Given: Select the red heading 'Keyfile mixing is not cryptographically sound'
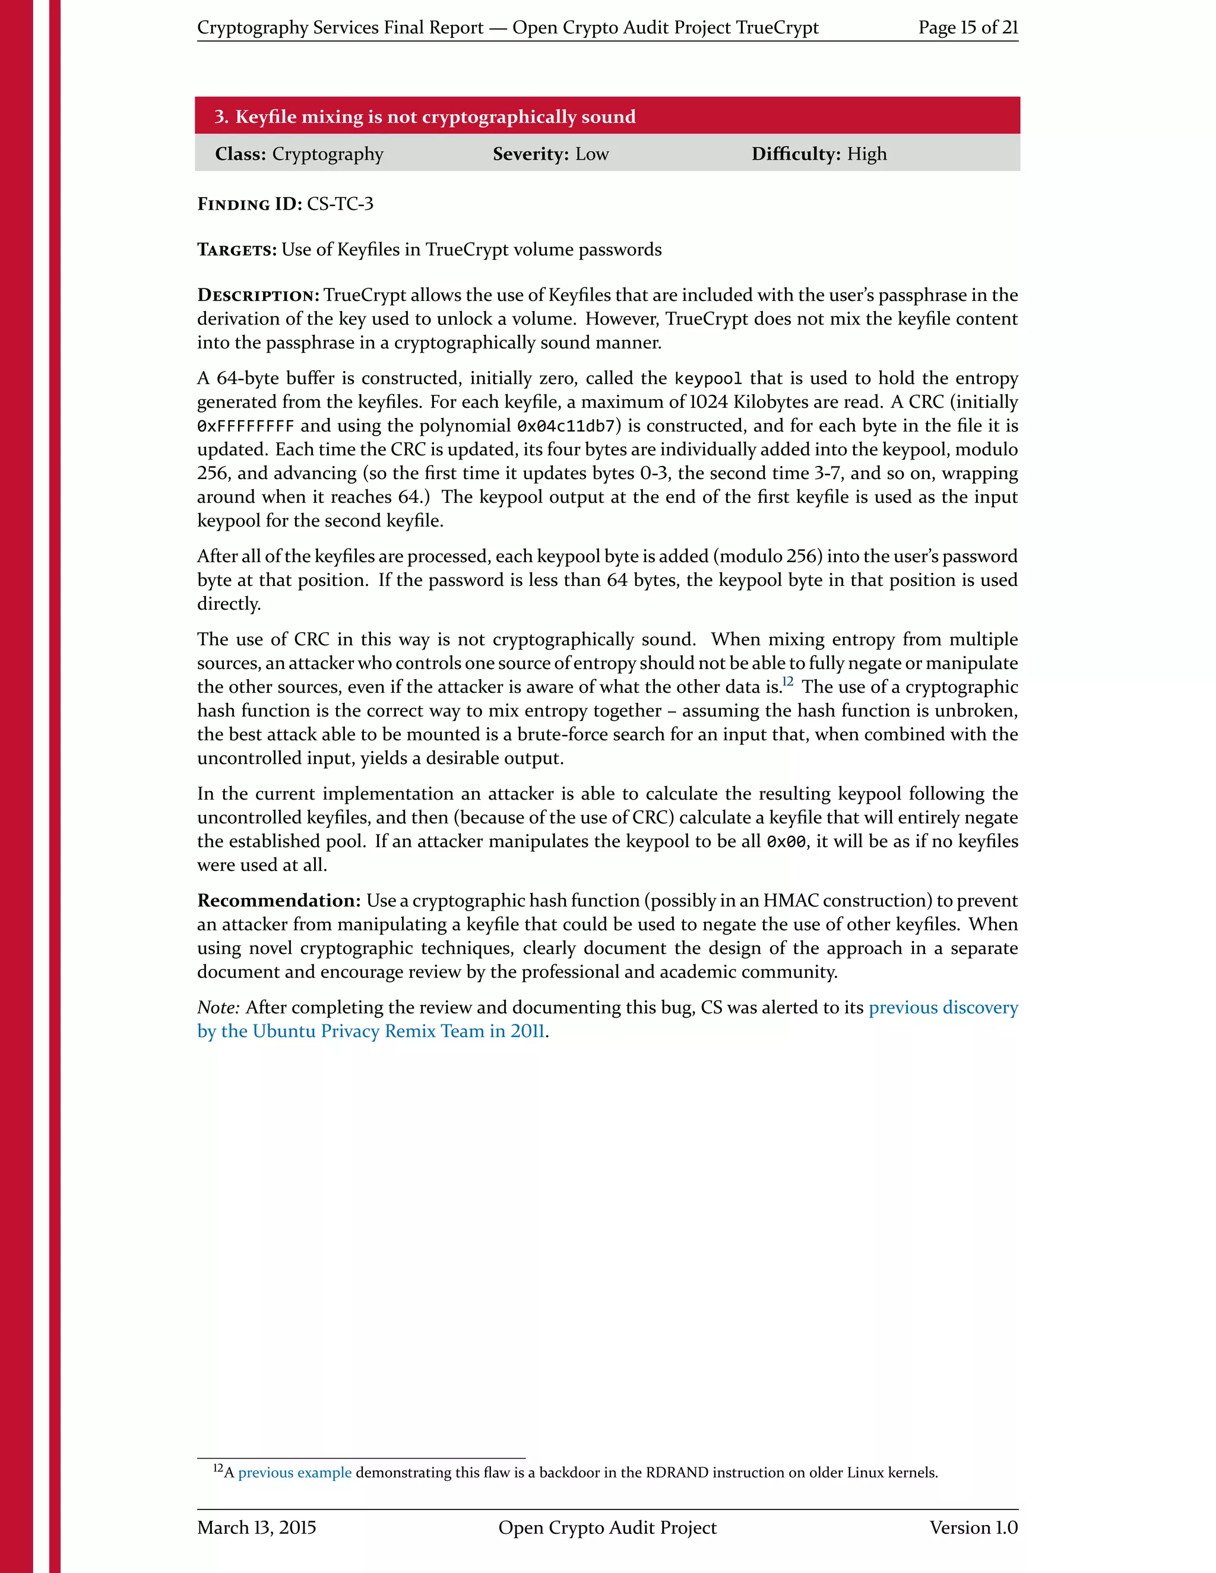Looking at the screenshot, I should (435, 117).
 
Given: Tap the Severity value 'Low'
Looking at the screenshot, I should (591, 154).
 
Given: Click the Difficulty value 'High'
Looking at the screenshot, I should (867, 154).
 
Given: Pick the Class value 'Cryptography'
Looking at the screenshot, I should (328, 154).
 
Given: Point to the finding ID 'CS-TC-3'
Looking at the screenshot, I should (340, 204).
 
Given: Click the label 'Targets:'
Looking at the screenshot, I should (237, 250).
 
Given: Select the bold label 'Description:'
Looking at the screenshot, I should (258, 295).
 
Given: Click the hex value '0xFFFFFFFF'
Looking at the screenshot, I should (246, 426).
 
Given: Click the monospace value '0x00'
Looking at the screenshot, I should (786, 842).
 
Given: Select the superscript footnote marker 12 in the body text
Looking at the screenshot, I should (787, 681).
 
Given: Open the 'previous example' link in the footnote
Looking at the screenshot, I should (294, 1473).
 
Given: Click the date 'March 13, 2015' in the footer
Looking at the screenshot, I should (256, 1528).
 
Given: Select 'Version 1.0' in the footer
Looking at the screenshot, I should (973, 1528).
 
